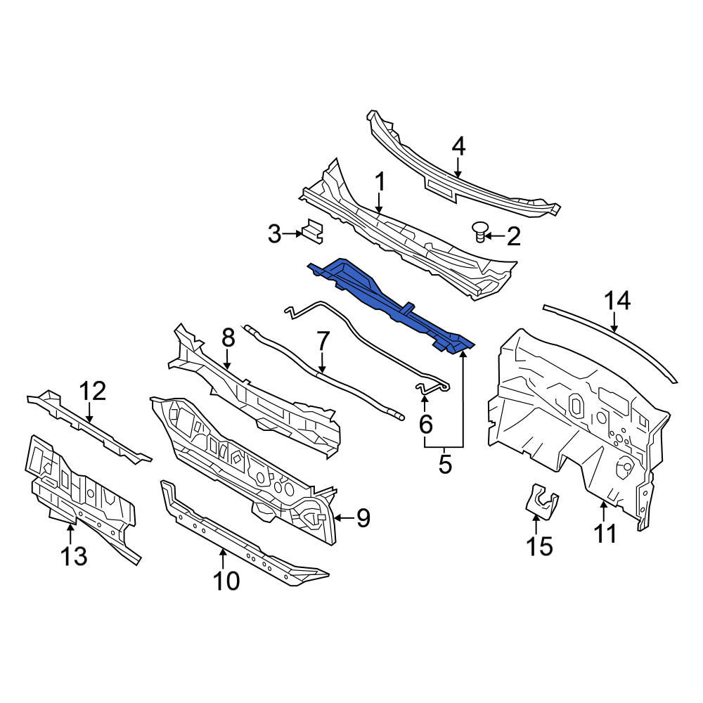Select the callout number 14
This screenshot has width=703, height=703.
click(618, 301)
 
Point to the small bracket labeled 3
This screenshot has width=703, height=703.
click(313, 231)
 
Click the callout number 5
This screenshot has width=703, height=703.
click(445, 464)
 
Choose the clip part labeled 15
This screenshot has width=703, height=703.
click(541, 501)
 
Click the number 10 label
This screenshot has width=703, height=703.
click(226, 581)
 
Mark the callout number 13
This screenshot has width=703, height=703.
click(74, 556)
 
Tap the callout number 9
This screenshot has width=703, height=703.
click(363, 518)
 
